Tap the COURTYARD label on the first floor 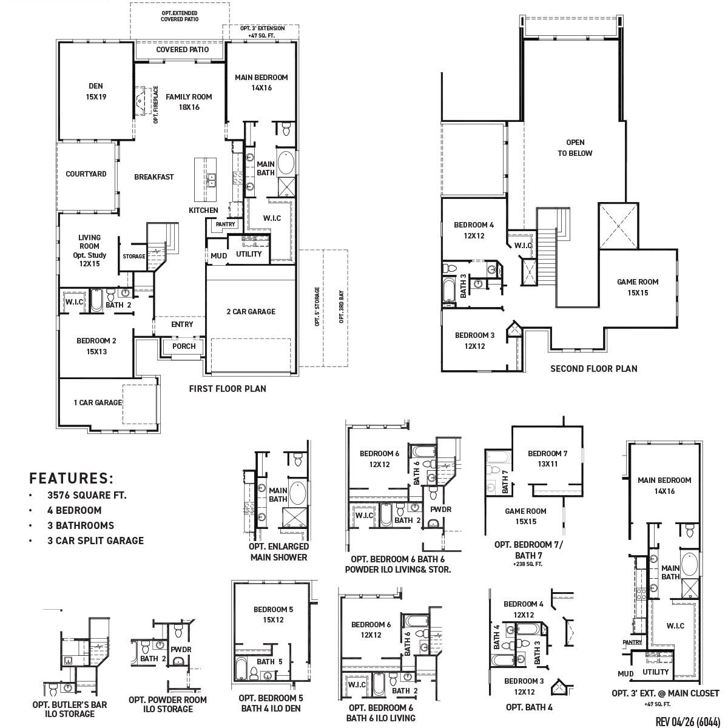coord(86,174)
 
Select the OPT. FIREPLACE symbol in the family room coord(142,99)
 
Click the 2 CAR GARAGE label coord(251,312)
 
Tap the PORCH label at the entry coord(184,346)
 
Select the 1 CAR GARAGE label coord(97,403)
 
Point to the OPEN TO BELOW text coord(575,148)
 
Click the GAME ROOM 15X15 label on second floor coord(637,287)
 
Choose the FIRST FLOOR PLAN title coord(227,389)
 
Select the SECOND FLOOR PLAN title coord(593,368)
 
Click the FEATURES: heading coord(72,478)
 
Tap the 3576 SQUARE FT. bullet coord(87,495)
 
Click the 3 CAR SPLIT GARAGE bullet coord(95,541)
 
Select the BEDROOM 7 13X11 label coord(547,459)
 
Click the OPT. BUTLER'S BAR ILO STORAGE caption coord(70,709)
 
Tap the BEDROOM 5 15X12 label coord(273,615)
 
